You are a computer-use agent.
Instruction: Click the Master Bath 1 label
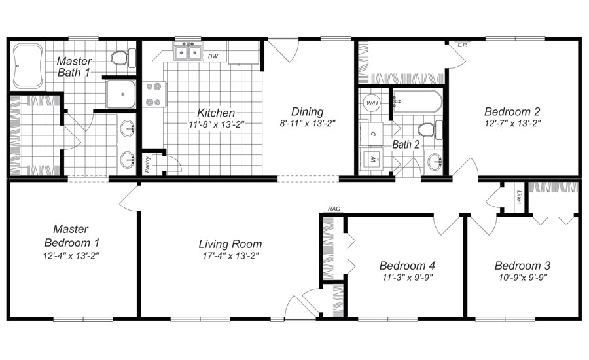point(73,67)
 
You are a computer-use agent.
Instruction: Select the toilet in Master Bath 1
point(119,59)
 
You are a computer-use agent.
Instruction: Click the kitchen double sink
point(188,52)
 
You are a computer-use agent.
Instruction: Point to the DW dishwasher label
point(213,56)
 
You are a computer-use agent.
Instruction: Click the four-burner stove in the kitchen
point(155,94)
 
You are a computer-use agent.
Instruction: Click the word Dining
point(307,112)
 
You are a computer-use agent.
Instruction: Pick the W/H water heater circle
point(372,103)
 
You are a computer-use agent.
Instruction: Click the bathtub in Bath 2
point(416,103)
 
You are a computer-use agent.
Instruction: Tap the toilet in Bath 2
point(427,129)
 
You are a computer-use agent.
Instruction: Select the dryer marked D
point(374,133)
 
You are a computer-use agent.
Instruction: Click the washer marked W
point(374,159)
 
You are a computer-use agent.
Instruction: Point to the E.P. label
point(461,45)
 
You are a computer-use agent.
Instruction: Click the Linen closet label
point(519,197)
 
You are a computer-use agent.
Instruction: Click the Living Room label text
point(230,244)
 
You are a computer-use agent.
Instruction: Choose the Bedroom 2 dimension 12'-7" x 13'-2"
point(512,122)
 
